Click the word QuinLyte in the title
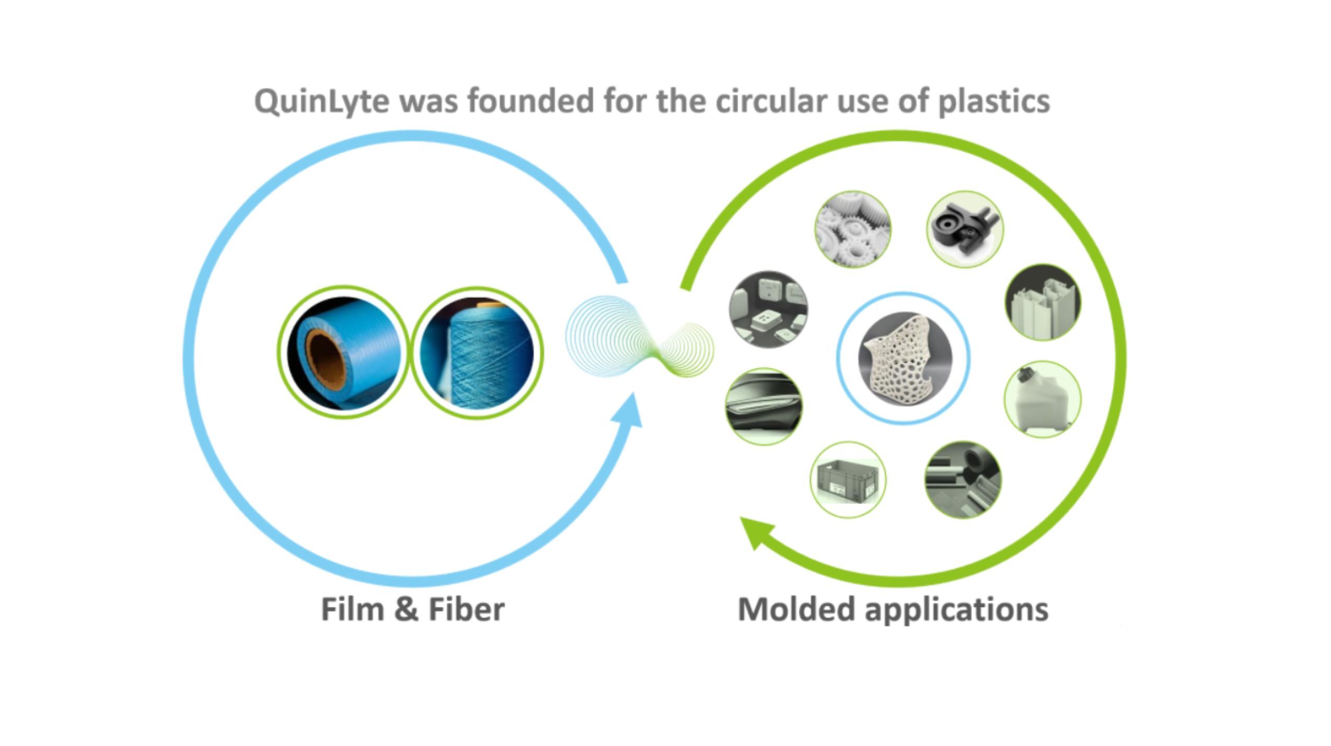[321, 101]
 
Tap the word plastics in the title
[993, 101]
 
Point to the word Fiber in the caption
[466, 610]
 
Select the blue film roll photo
[343, 352]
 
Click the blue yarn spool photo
[477, 353]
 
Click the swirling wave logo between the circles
[639, 338]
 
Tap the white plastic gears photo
[853, 229]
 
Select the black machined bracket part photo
[965, 229]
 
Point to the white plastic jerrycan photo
[1042, 399]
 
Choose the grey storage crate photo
[848, 480]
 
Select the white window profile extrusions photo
[1043, 303]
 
